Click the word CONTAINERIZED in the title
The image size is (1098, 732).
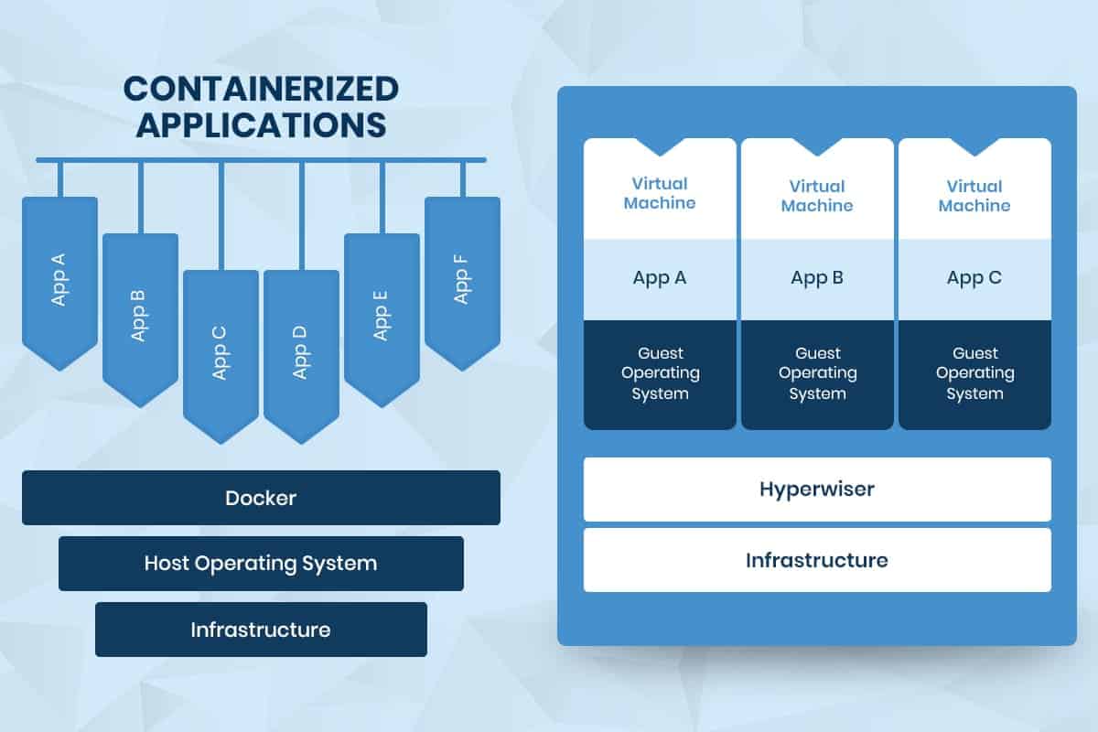pos(261,89)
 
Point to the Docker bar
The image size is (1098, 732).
pos(262,498)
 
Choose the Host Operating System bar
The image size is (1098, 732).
pos(262,564)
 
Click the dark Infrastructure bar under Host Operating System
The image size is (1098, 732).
pos(262,630)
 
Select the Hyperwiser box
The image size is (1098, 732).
pos(817,490)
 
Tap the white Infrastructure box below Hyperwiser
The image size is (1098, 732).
pos(817,560)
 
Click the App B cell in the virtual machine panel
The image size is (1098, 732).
pos(817,279)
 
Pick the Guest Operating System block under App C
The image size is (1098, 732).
pos(975,374)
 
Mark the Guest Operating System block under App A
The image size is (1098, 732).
pos(660,374)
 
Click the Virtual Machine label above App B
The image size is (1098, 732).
pos(817,196)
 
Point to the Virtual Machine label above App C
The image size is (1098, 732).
pos(974,196)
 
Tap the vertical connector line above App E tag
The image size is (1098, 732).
pos(382,198)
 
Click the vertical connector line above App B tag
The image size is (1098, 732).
pos(141,198)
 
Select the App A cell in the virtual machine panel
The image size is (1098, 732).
pos(660,279)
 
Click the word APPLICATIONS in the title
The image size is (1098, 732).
pos(262,125)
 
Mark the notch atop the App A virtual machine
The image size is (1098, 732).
pos(660,146)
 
